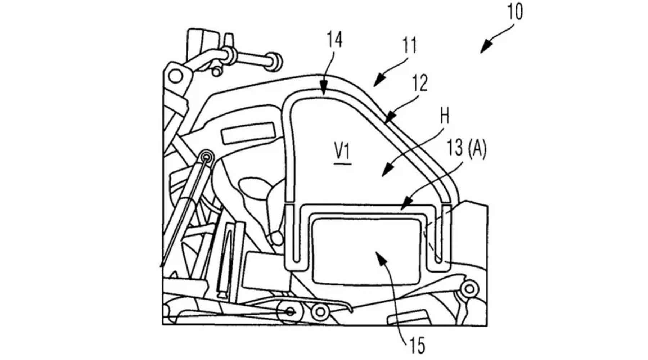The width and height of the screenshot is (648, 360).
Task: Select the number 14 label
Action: coord(334,40)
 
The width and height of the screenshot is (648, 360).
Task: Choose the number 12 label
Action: coord(420,83)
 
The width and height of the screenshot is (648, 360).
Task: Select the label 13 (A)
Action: coord(466,148)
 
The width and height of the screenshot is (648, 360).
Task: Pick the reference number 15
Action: coord(417,345)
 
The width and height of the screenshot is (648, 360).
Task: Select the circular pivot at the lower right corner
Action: coord(469,288)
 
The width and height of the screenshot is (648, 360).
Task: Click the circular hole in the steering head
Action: coord(176,76)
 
